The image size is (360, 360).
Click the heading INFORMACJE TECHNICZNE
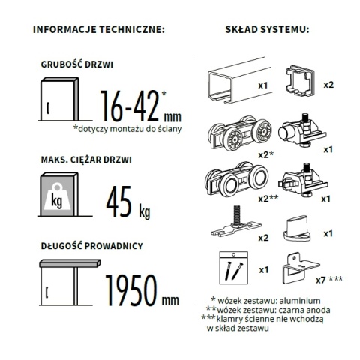pyautogui.click(x=99, y=29)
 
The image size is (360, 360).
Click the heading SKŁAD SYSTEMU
pyautogui.click(x=267, y=29)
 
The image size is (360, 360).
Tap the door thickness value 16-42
pyautogui.click(x=130, y=106)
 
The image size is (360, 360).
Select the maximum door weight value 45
pyautogui.click(x=118, y=202)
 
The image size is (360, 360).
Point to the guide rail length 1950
pyautogui.click(x=131, y=290)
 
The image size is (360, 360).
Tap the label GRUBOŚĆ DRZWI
pyautogui.click(x=77, y=64)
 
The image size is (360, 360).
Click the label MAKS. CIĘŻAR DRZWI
pyautogui.click(x=86, y=160)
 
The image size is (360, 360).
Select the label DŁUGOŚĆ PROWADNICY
pyautogui.click(x=91, y=246)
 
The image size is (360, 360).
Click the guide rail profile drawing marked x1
pyautogui.click(x=239, y=80)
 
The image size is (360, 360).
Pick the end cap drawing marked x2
pyautogui.click(x=299, y=81)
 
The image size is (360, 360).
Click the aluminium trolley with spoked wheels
pyautogui.click(x=240, y=133)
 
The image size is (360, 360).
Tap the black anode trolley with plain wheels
pyautogui.click(x=236, y=178)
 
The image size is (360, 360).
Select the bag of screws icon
pyautogui.click(x=233, y=268)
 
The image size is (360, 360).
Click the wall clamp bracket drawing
pyautogui.click(x=301, y=268)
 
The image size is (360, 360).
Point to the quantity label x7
pyautogui.click(x=321, y=280)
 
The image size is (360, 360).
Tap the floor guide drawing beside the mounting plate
pyautogui.click(x=296, y=229)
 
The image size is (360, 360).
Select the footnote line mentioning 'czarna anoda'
pyautogui.click(x=268, y=310)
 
